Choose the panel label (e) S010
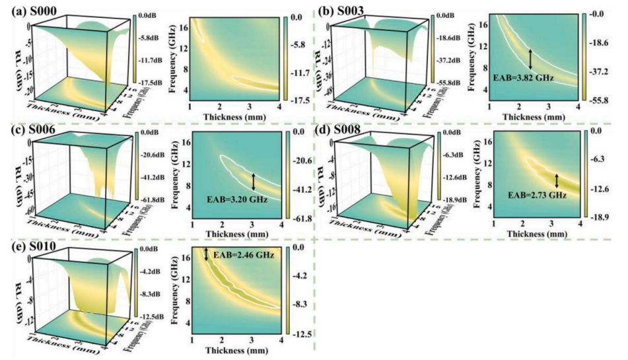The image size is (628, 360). (27, 248)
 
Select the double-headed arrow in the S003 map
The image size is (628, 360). (530, 59)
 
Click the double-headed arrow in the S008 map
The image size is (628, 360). (556, 180)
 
